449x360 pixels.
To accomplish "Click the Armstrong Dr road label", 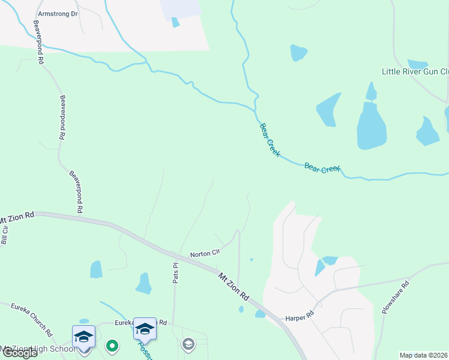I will coord(58,13).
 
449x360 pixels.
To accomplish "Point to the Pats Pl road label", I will coord(176,273).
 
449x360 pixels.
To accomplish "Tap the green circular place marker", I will coord(112,345).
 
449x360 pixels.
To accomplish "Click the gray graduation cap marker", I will coord(188,344).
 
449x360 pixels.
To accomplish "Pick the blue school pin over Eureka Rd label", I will coord(144,329).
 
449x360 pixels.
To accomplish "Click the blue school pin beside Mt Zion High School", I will coord(83,337).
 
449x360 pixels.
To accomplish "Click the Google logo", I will coord(20,353).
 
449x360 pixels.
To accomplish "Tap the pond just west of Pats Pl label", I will coord(143,283).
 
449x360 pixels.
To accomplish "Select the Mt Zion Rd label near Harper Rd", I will coord(234,287).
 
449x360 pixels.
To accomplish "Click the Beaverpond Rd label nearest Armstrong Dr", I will coord(39,41).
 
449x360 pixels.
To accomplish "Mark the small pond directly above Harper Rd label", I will coord(260,314).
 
